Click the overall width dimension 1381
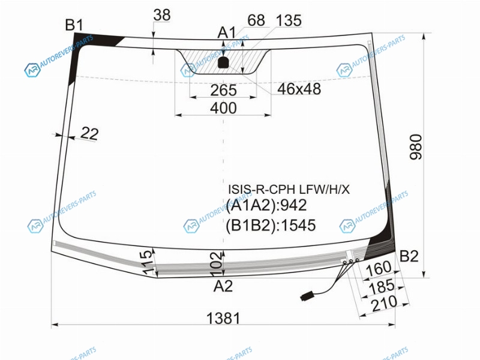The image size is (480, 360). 223,319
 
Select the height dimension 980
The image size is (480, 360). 416,146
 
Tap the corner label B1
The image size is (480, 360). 74,25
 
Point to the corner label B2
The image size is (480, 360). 409,256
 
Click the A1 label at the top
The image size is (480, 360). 227,32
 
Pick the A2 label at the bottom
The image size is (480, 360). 223,286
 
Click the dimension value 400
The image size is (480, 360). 223,108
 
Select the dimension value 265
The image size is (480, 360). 223,90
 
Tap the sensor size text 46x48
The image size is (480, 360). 299,89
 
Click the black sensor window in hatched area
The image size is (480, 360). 223,62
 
